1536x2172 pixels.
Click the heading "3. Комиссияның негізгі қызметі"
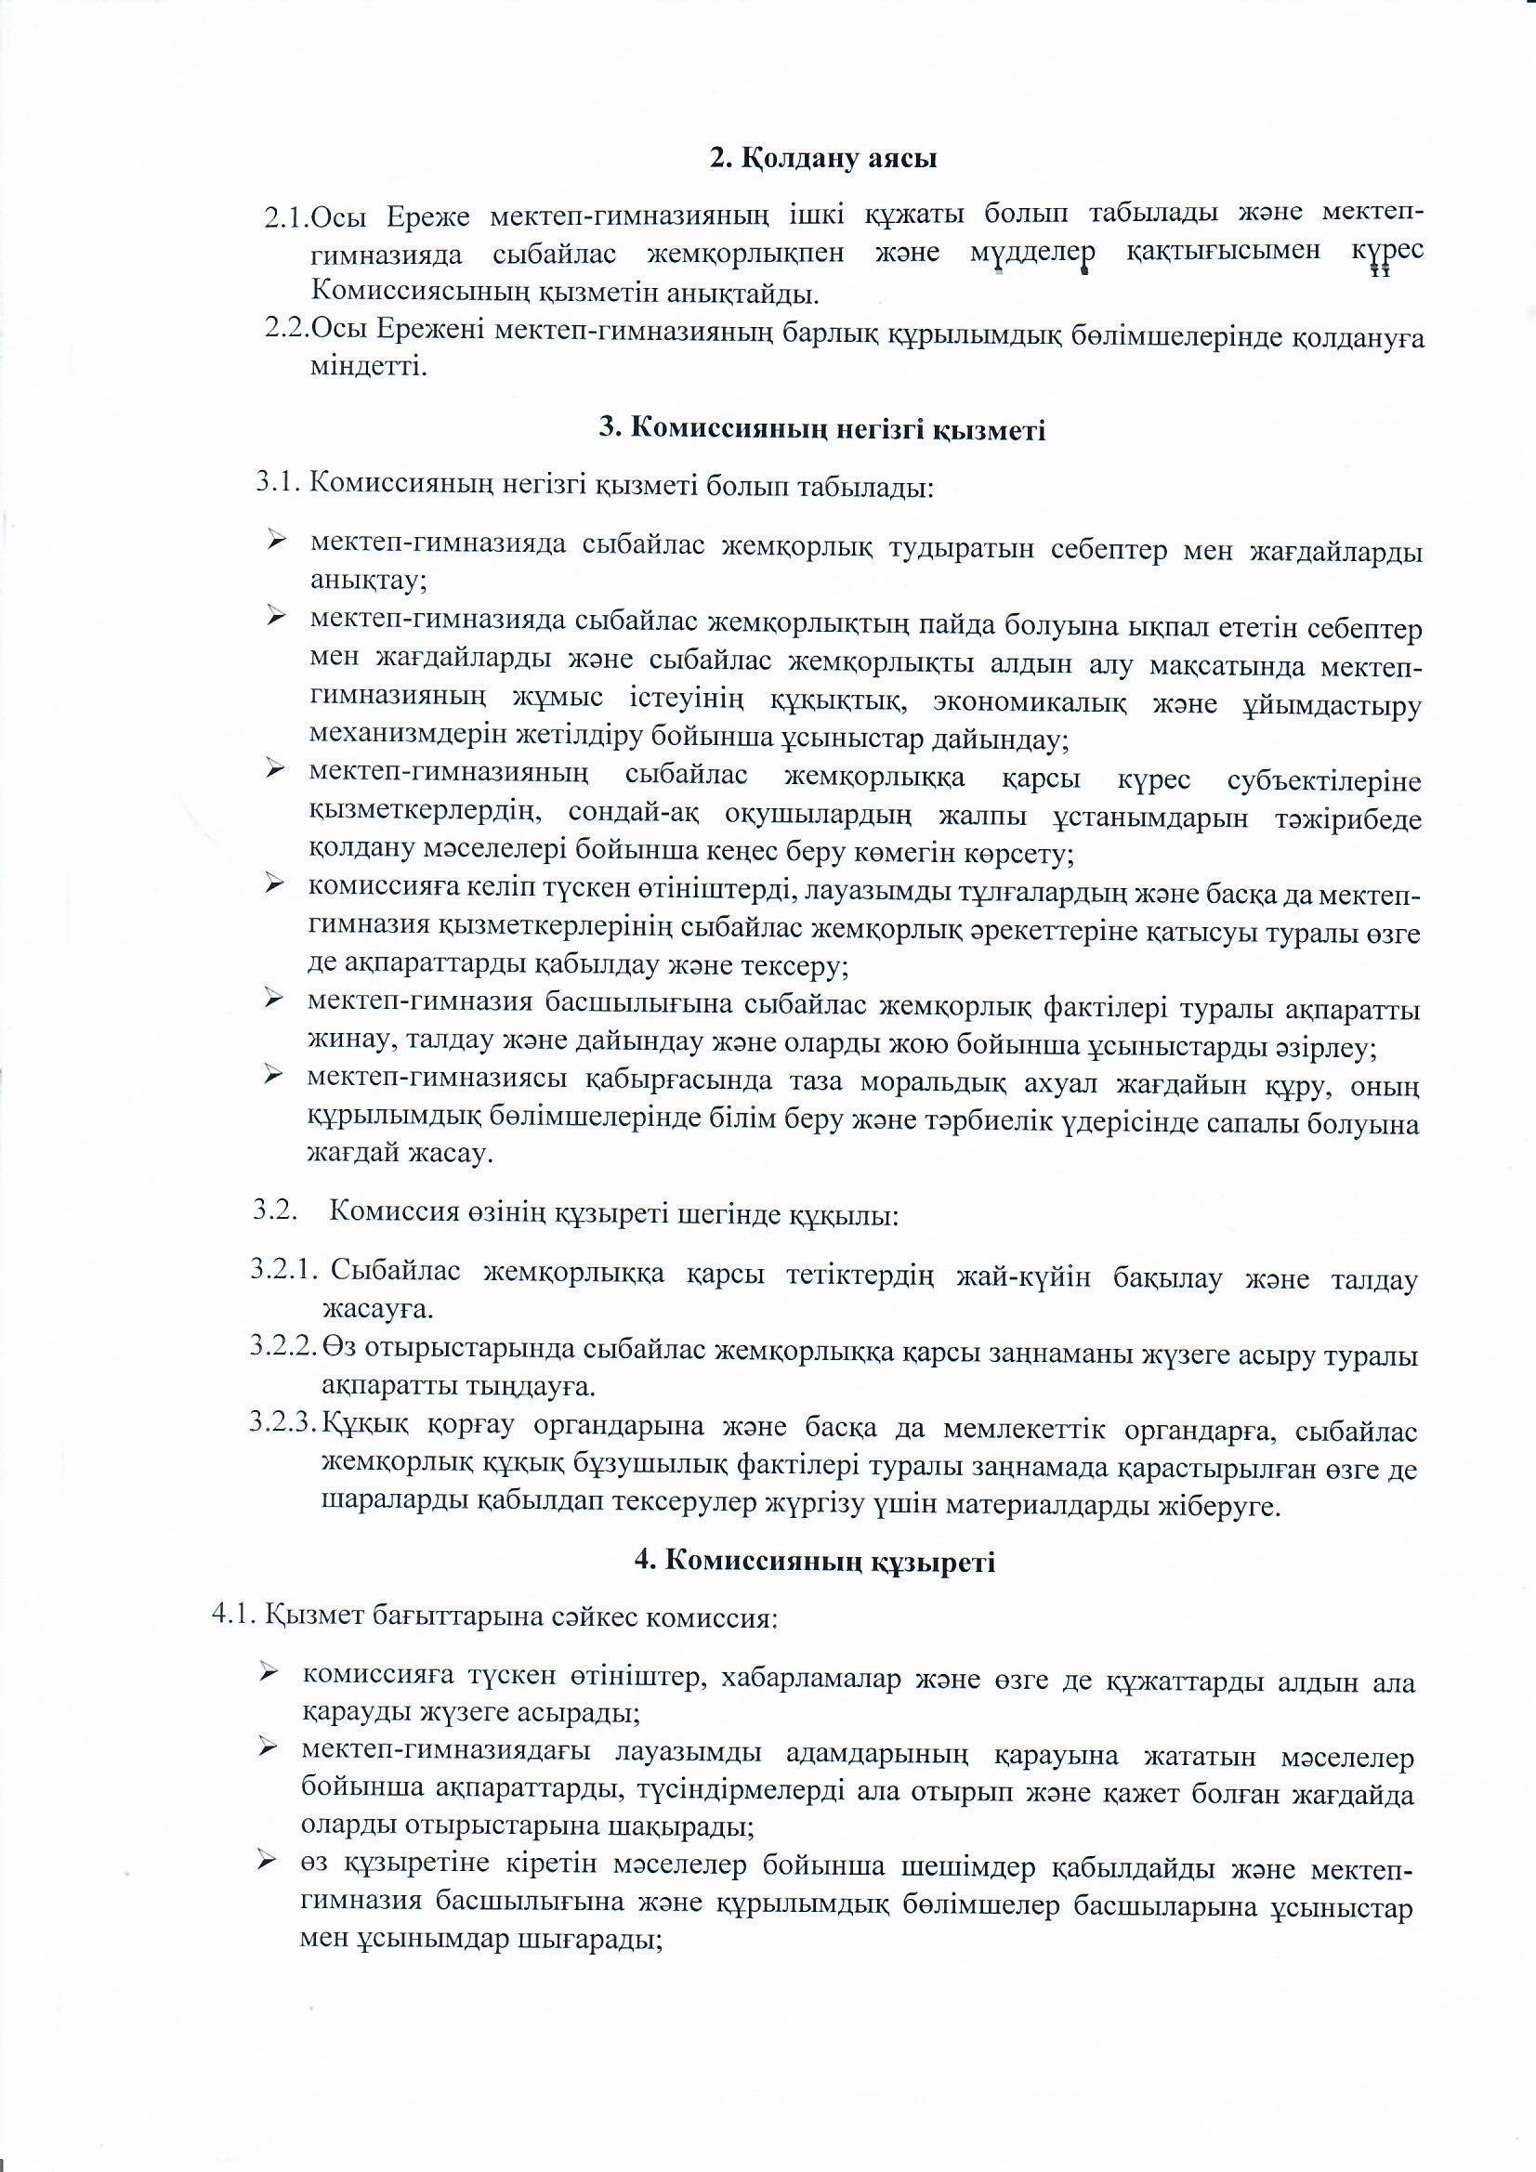pos(822,429)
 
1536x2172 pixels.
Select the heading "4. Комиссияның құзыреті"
pos(814,1561)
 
